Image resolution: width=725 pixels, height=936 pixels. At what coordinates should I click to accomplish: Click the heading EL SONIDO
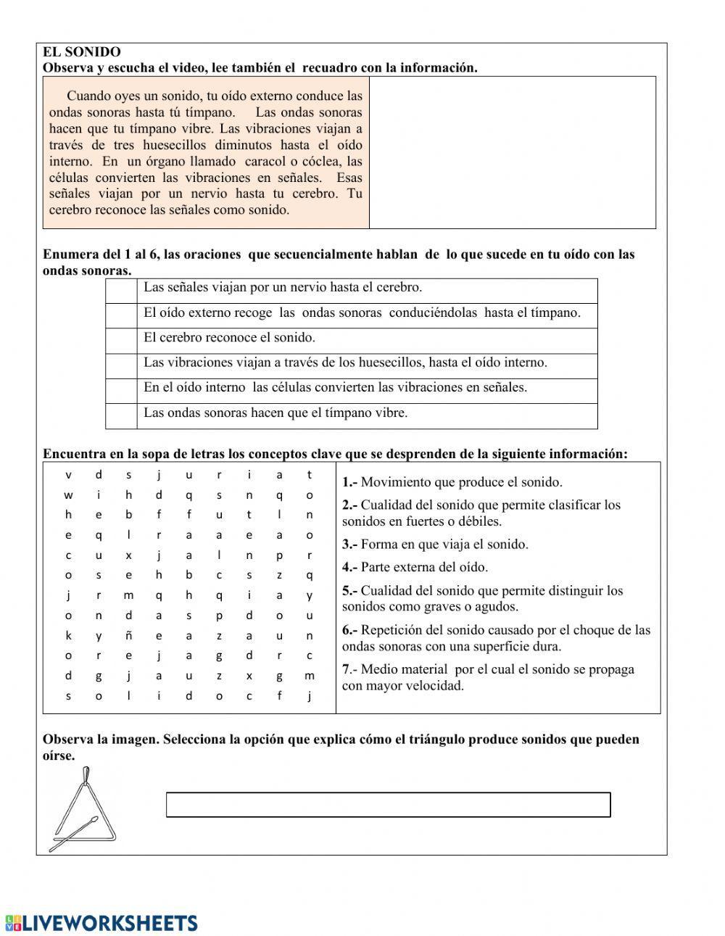(81, 52)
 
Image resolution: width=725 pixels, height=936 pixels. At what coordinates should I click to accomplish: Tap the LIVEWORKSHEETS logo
(101, 922)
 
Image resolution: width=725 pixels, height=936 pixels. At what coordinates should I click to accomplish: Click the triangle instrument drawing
(82, 811)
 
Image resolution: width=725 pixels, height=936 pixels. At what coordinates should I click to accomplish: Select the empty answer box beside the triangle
(388, 805)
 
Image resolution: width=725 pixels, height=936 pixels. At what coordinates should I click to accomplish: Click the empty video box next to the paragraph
(512, 152)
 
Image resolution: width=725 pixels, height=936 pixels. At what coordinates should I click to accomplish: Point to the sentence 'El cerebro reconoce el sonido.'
(229, 338)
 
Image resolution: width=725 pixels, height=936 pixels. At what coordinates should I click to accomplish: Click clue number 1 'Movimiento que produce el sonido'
(452, 482)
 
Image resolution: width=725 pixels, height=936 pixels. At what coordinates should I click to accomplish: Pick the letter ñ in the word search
(128, 636)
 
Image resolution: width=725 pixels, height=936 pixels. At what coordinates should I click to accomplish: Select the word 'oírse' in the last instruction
(59, 755)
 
